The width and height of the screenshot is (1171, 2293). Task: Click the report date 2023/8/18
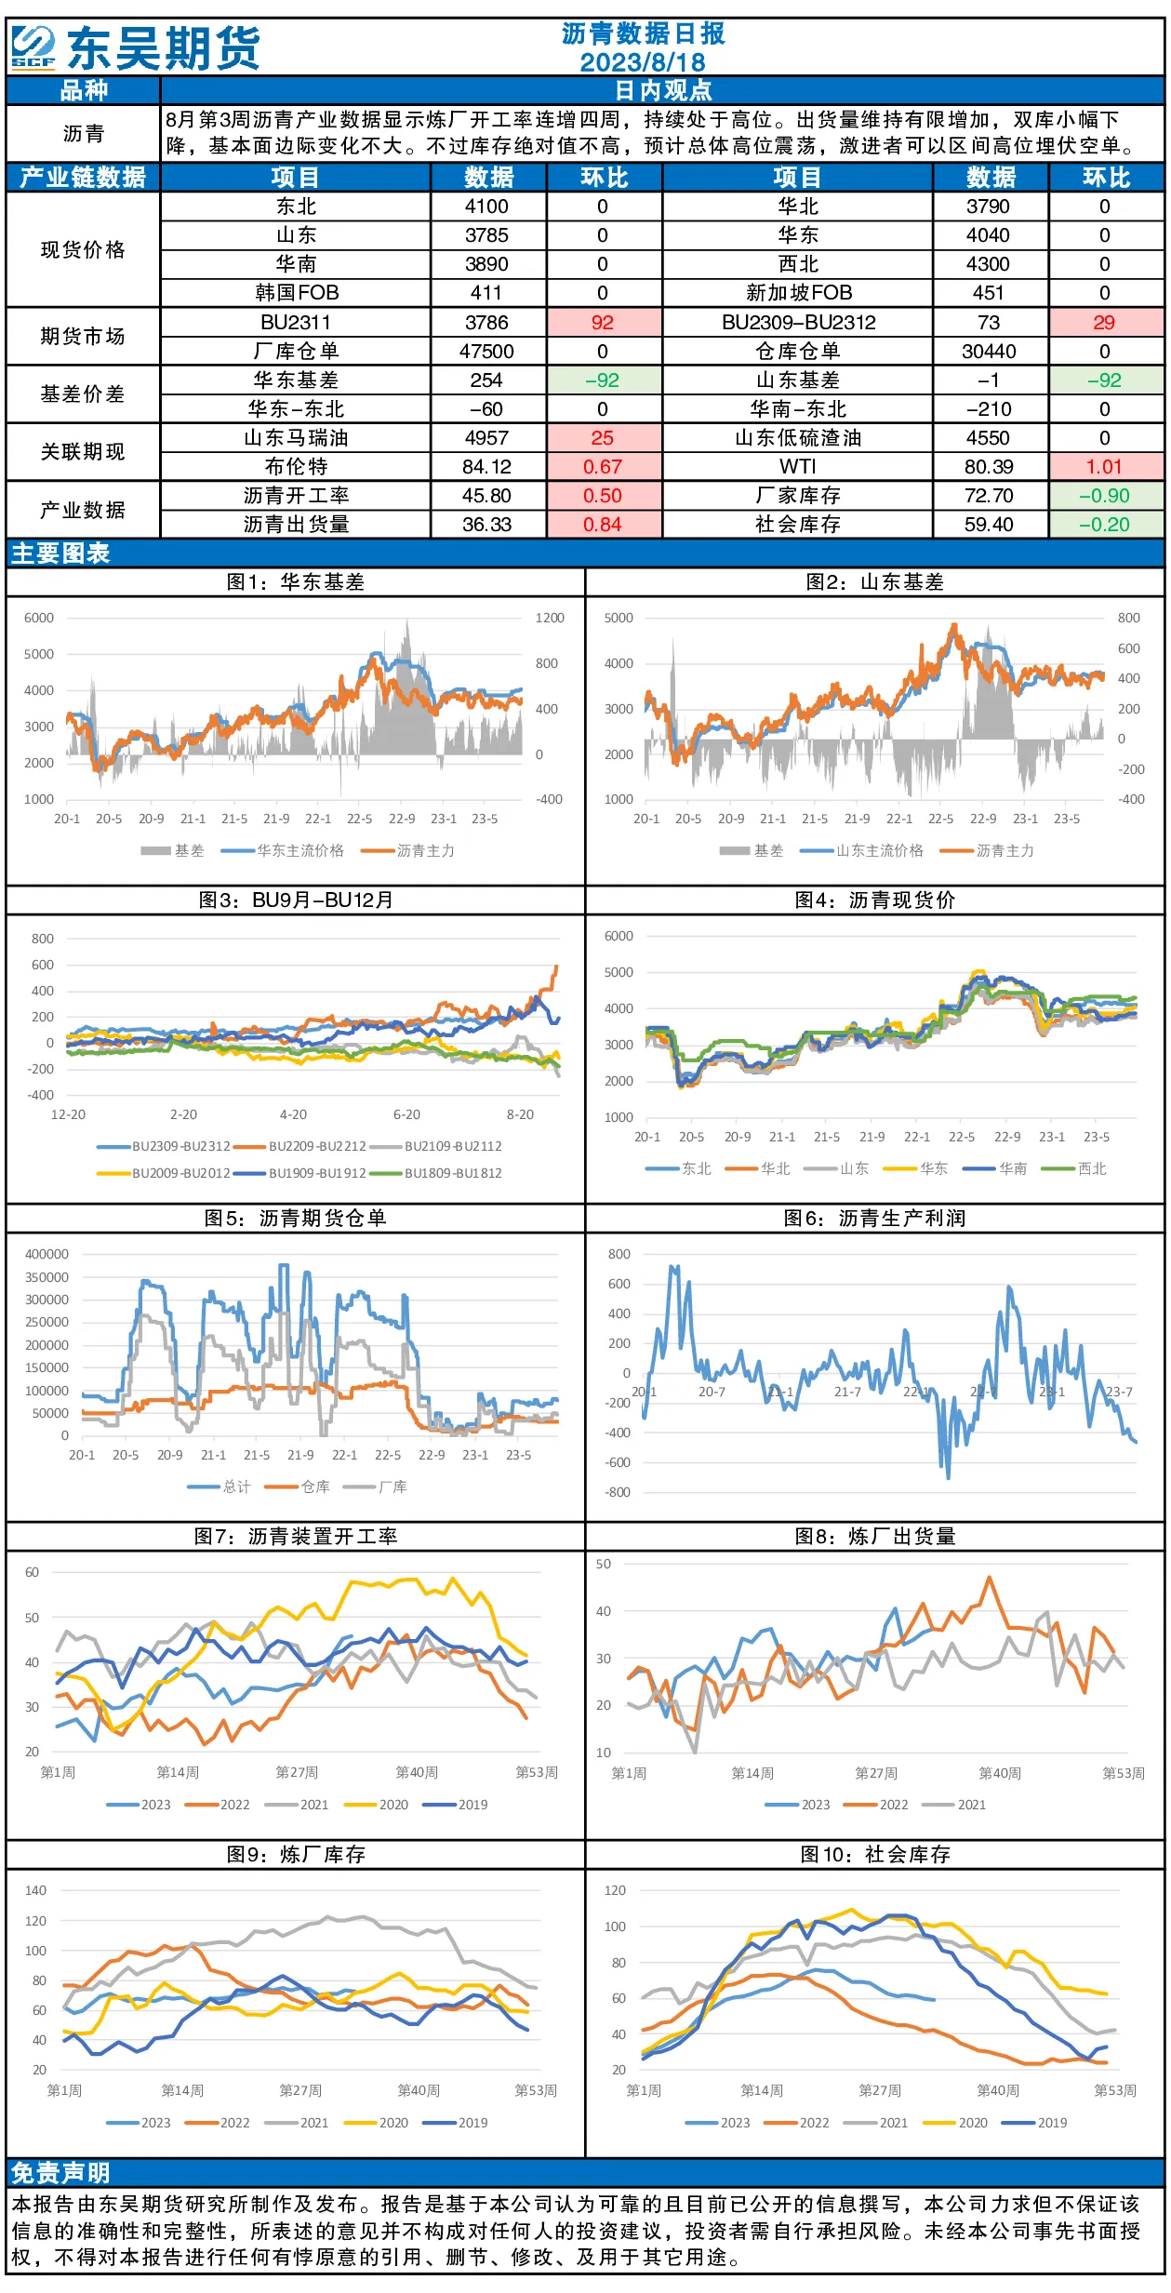tap(643, 62)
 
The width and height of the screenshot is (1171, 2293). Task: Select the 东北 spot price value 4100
tap(486, 207)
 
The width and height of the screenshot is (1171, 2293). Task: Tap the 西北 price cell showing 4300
tap(988, 264)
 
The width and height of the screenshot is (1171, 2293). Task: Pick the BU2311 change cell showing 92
tap(603, 323)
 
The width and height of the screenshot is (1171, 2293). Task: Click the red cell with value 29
tap(1105, 323)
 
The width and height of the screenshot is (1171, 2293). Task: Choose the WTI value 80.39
tap(988, 467)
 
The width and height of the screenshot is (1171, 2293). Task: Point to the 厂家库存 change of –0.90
tap(1105, 496)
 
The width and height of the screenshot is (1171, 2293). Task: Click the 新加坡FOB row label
tap(799, 293)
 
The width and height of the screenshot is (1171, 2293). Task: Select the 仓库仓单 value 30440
tap(988, 352)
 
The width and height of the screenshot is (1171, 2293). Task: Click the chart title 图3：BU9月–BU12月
tap(296, 900)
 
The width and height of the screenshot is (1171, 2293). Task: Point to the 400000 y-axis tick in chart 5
tap(47, 1254)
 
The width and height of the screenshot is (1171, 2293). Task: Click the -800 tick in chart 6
tap(619, 1493)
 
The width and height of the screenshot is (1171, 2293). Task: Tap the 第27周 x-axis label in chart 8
tap(876, 1773)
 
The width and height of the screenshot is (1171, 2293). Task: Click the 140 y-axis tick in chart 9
tap(35, 1891)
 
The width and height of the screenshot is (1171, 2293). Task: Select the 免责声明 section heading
tap(60, 2173)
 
